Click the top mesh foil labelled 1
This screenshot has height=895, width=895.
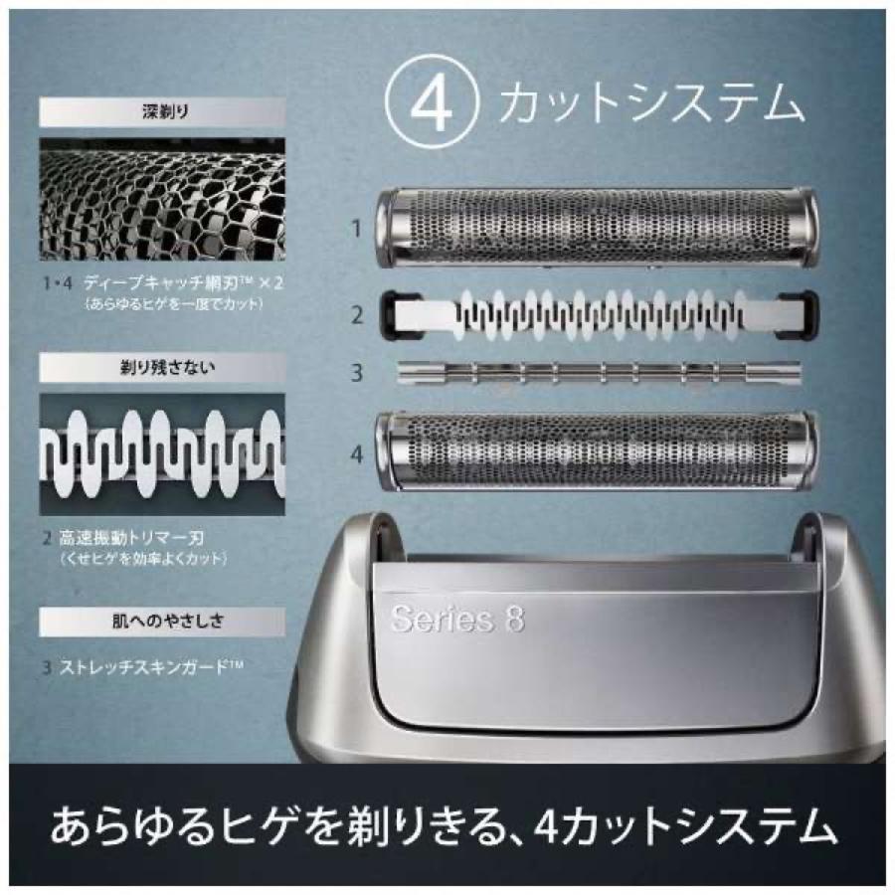(596, 228)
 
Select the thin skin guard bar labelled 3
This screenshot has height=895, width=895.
(596, 374)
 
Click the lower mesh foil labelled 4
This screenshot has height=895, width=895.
(596, 453)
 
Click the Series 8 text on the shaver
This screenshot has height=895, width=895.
(457, 619)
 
